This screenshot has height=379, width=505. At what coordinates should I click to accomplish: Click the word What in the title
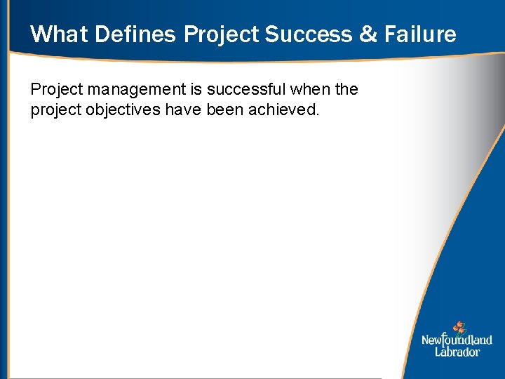point(59,34)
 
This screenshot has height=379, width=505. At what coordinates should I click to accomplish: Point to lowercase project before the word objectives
point(55,110)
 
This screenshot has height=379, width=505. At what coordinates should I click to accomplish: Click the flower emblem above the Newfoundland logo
point(459,327)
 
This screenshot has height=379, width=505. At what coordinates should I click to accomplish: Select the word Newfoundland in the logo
point(457,340)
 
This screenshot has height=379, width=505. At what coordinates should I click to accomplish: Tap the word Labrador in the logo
point(457,352)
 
